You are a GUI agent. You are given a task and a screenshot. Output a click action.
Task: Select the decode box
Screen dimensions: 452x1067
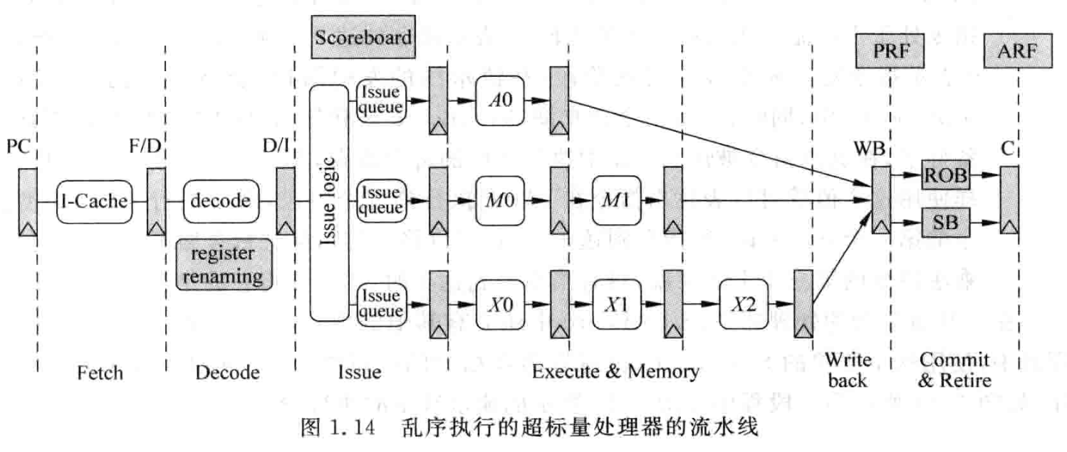tap(222, 201)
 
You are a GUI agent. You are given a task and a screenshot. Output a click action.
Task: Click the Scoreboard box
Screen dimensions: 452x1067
tap(364, 37)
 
